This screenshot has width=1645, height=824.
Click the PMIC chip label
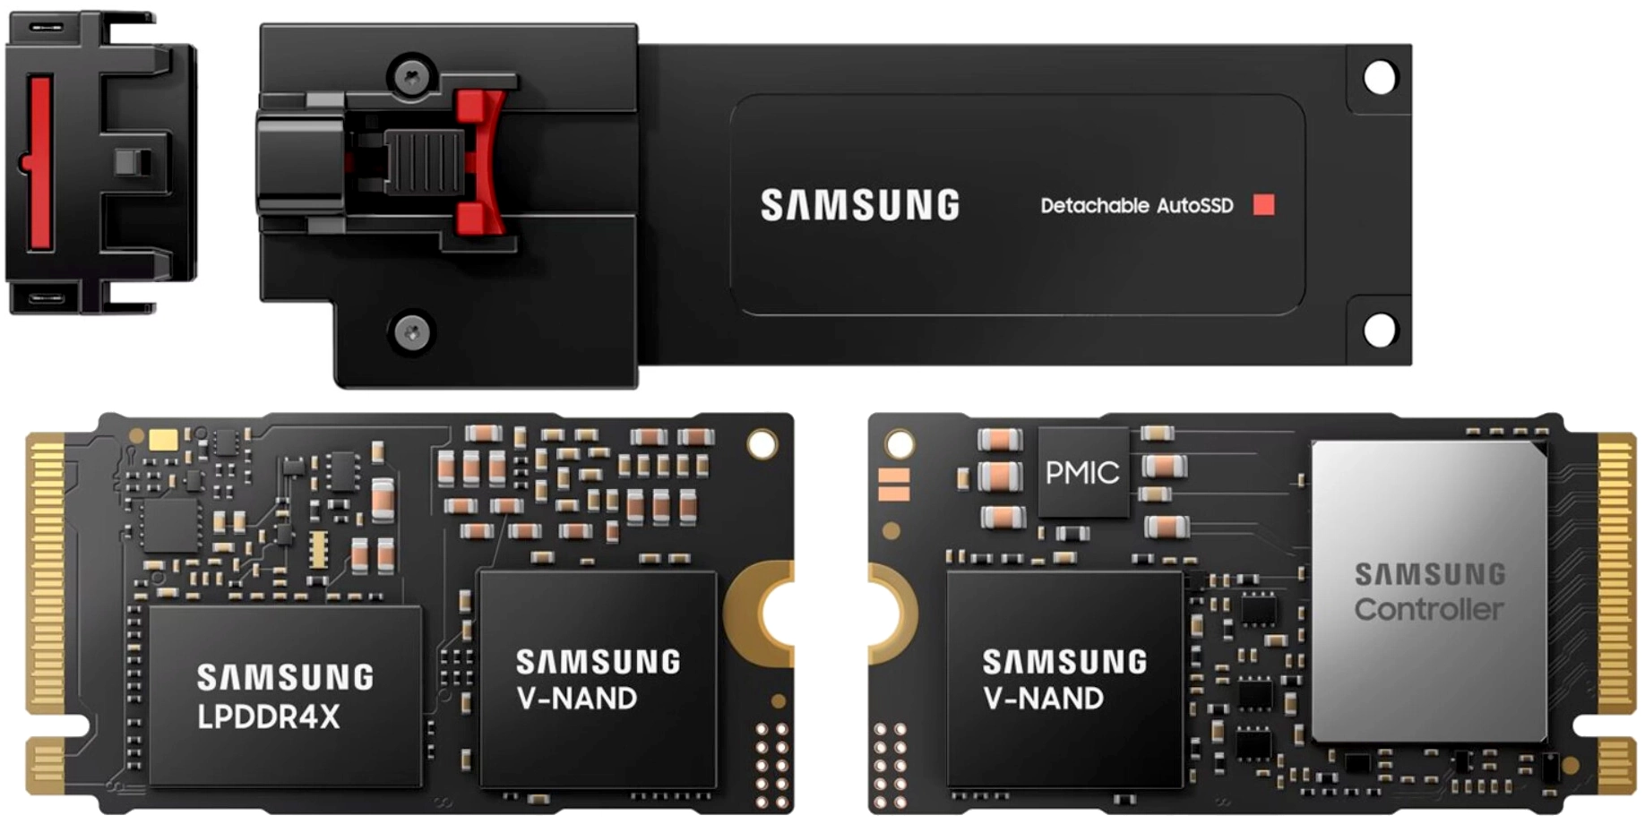click(x=1082, y=472)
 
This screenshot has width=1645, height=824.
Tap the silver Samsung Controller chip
click(x=1430, y=591)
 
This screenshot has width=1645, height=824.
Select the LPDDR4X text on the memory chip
click(x=269, y=717)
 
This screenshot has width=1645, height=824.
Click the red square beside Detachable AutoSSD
click(x=1263, y=205)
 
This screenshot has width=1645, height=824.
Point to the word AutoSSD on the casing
click(x=1194, y=205)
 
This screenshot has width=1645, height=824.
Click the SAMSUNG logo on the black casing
click(x=860, y=205)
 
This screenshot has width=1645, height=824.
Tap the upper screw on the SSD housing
click(x=412, y=77)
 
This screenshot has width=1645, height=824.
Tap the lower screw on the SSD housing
click(x=412, y=333)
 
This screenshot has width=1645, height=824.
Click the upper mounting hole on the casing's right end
click(x=1379, y=77)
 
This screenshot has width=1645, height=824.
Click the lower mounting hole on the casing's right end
click(x=1379, y=330)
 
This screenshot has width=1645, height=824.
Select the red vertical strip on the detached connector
click(x=40, y=161)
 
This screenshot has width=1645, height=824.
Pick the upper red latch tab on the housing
click(x=479, y=112)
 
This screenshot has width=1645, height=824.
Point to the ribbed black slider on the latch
click(x=424, y=162)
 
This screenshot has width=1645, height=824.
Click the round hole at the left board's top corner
click(x=762, y=444)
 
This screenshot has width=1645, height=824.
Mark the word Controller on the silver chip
click(x=1428, y=610)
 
